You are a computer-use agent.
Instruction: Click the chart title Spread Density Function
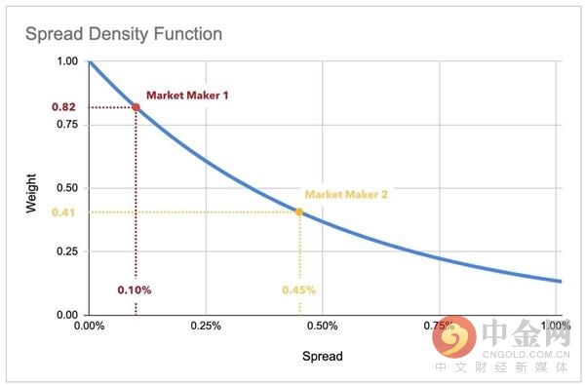tap(123, 34)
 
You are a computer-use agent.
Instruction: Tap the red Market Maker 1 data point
tap(136, 106)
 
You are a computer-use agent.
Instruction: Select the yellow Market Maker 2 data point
tap(299, 212)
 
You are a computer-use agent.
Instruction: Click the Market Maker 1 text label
tap(187, 95)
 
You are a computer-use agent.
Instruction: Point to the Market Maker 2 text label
tap(346, 194)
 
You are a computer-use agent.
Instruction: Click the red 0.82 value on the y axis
tap(63, 106)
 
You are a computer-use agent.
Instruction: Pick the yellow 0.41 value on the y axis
tap(63, 212)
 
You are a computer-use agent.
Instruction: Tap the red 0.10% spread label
tap(135, 289)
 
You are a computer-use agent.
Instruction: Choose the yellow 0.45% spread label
tap(299, 289)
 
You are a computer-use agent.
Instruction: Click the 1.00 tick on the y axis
tap(67, 61)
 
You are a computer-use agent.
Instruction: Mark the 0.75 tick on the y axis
tap(67, 125)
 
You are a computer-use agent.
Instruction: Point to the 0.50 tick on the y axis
tap(67, 188)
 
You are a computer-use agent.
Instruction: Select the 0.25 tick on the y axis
tap(67, 251)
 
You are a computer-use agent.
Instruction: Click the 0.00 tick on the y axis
tap(67, 315)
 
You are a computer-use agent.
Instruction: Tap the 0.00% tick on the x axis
tap(89, 326)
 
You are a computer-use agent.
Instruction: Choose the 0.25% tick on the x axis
tap(207, 326)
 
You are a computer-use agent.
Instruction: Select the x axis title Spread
tap(323, 357)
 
